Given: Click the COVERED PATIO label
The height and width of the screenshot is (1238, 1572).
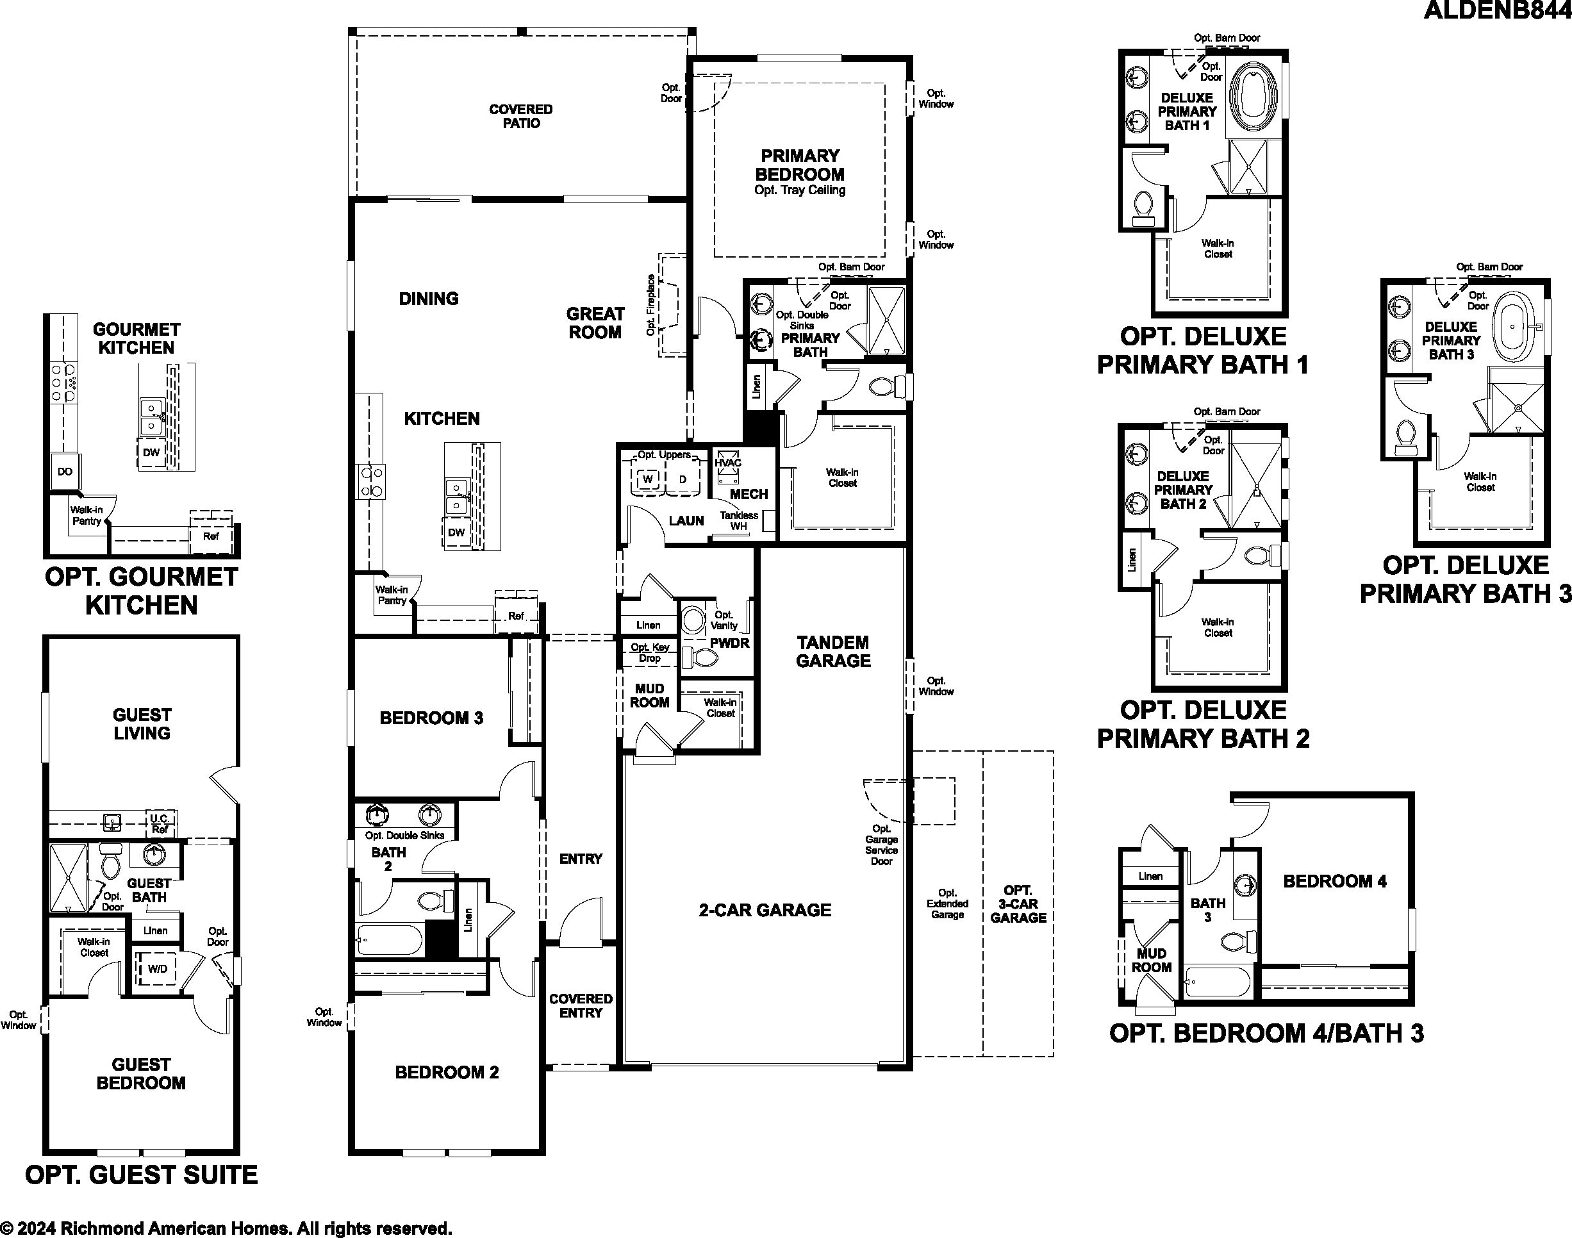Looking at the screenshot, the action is coord(520,116).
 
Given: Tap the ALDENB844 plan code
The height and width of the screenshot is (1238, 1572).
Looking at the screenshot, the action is coord(1498,10).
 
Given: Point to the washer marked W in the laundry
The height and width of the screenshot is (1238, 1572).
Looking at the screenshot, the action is coord(648,479).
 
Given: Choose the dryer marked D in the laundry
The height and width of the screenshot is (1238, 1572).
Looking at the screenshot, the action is coord(682,479).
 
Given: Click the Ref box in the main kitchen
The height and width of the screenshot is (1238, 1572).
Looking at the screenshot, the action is coord(516,616).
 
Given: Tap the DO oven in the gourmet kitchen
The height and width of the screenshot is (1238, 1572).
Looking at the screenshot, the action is coord(65,471).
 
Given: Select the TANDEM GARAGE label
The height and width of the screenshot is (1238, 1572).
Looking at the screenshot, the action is coord(834,652).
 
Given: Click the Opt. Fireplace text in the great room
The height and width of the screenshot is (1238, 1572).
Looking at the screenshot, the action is coord(651,305).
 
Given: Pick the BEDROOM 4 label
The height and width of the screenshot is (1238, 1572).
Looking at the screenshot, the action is coord(1335,881).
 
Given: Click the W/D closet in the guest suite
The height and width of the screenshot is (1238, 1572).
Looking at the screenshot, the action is coord(157,968).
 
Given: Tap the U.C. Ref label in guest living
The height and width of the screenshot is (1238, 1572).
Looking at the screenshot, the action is coord(160,824).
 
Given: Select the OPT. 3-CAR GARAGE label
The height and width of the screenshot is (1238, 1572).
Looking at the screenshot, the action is coord(1018,904).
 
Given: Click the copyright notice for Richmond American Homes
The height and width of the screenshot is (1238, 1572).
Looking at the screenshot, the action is coord(226,1228).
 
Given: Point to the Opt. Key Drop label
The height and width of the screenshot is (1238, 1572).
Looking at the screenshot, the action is coord(649,652).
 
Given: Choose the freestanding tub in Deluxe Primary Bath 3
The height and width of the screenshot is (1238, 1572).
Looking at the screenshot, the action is coord(1515,327).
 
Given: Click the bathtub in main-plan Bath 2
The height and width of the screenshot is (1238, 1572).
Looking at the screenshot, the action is coord(388,940).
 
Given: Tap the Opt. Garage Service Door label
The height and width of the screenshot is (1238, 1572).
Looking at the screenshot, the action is coord(881,845).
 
